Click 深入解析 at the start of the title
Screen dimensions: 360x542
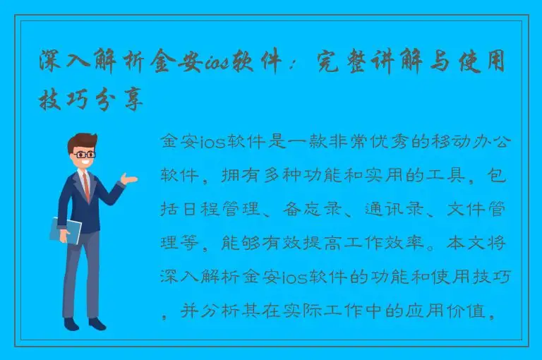click(x=86, y=65)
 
